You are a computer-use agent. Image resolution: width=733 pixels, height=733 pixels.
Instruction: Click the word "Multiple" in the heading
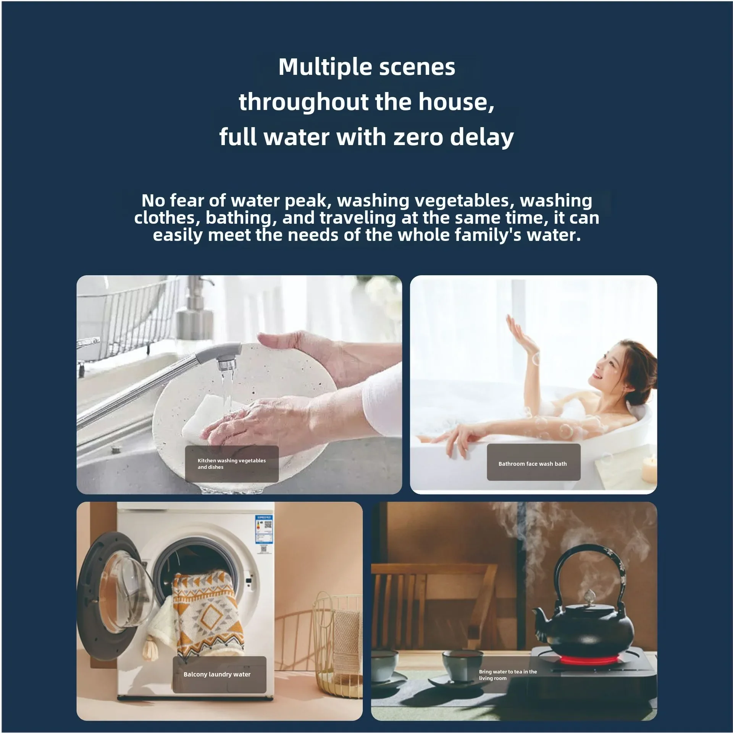325,68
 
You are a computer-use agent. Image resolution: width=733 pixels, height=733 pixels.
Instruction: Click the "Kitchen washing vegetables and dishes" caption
231,463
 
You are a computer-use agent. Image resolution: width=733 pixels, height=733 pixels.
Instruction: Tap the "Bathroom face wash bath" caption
533,464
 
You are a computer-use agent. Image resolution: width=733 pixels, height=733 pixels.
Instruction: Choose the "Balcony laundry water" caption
217,674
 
